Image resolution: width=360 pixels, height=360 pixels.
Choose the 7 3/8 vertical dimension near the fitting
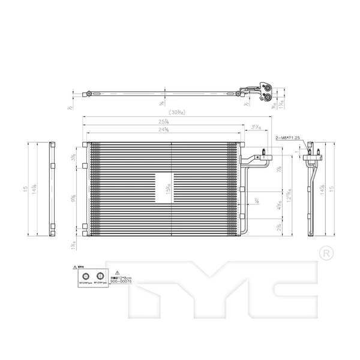[280, 170]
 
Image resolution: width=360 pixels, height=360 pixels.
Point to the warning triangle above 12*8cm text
[118, 272]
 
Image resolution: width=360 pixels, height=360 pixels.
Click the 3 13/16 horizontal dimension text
[255, 127]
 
